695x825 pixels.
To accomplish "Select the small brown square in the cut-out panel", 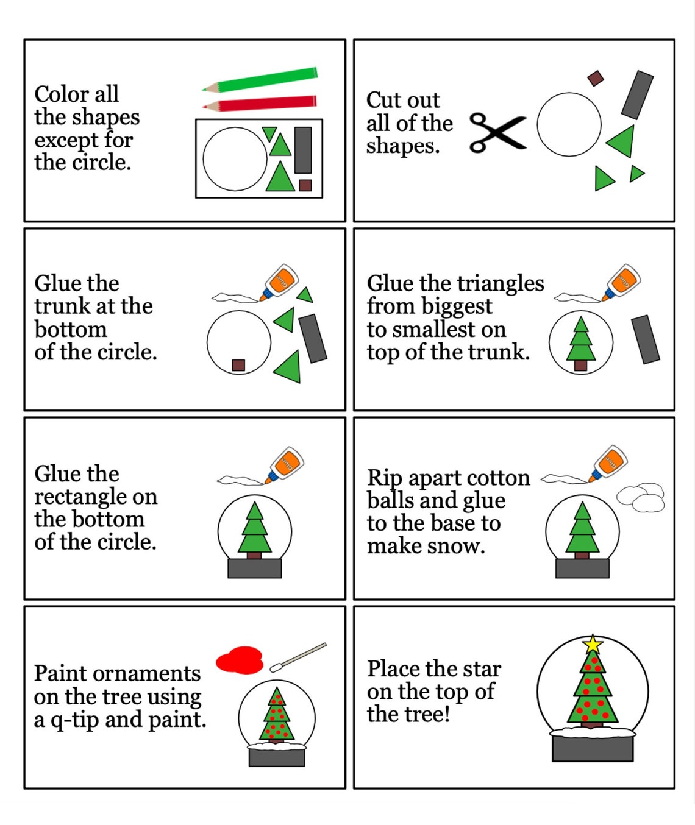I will (x=595, y=78).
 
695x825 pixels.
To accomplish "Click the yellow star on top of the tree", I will (x=593, y=644).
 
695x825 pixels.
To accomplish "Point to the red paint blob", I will (x=240, y=660).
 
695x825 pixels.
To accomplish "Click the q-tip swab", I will (x=299, y=657).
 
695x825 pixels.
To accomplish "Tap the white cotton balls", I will (x=641, y=497).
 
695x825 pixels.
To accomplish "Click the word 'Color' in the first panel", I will (x=61, y=94).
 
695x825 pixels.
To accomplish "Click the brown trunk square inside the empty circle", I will (x=238, y=365).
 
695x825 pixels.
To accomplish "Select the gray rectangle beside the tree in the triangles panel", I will (x=645, y=339).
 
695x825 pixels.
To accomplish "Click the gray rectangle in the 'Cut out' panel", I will (x=637, y=94).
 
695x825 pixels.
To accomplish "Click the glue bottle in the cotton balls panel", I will (x=608, y=464).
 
